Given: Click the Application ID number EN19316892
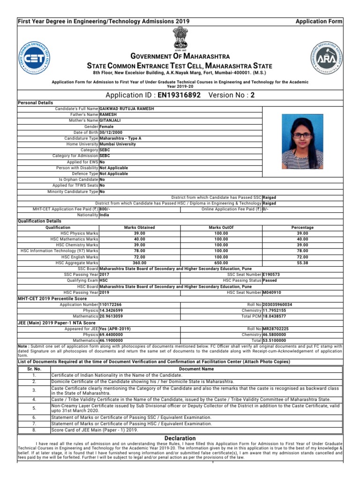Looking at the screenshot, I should pos(180,95).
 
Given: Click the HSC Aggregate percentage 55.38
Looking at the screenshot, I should pos(302,263).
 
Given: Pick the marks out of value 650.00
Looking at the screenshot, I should pos(221,263).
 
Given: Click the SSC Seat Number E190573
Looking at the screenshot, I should pos(271,275).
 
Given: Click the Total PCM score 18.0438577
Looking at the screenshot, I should pos(277,316).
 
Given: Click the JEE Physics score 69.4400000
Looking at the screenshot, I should pos(116,335).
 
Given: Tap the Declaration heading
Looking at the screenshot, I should pos(180,438).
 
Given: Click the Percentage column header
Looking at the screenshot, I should pos(302,227).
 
